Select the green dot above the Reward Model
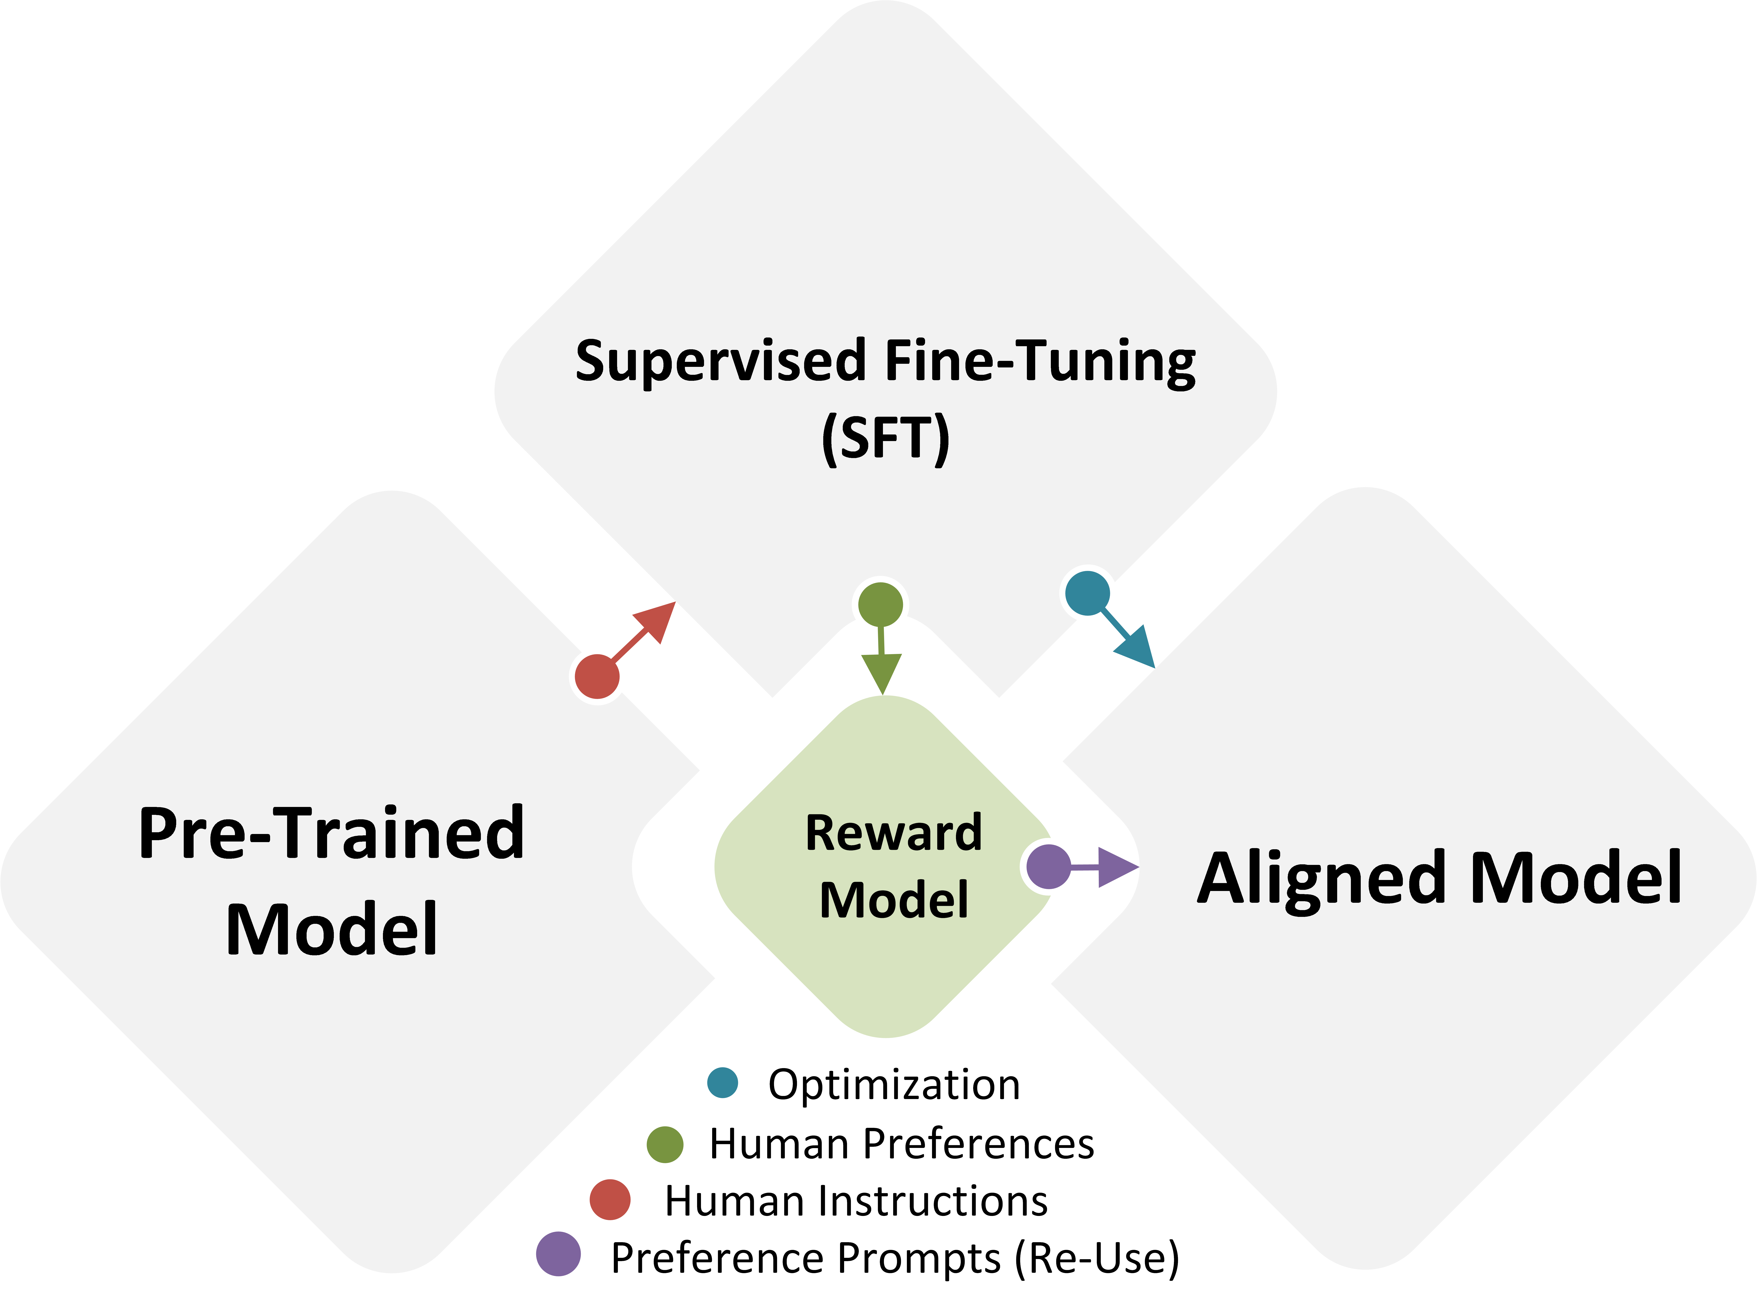880,605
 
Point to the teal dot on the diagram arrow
1087,593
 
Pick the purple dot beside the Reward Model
1048,867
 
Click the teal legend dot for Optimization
722,1082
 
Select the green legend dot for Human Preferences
664,1144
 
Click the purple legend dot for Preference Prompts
558,1254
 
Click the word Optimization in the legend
894,1085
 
